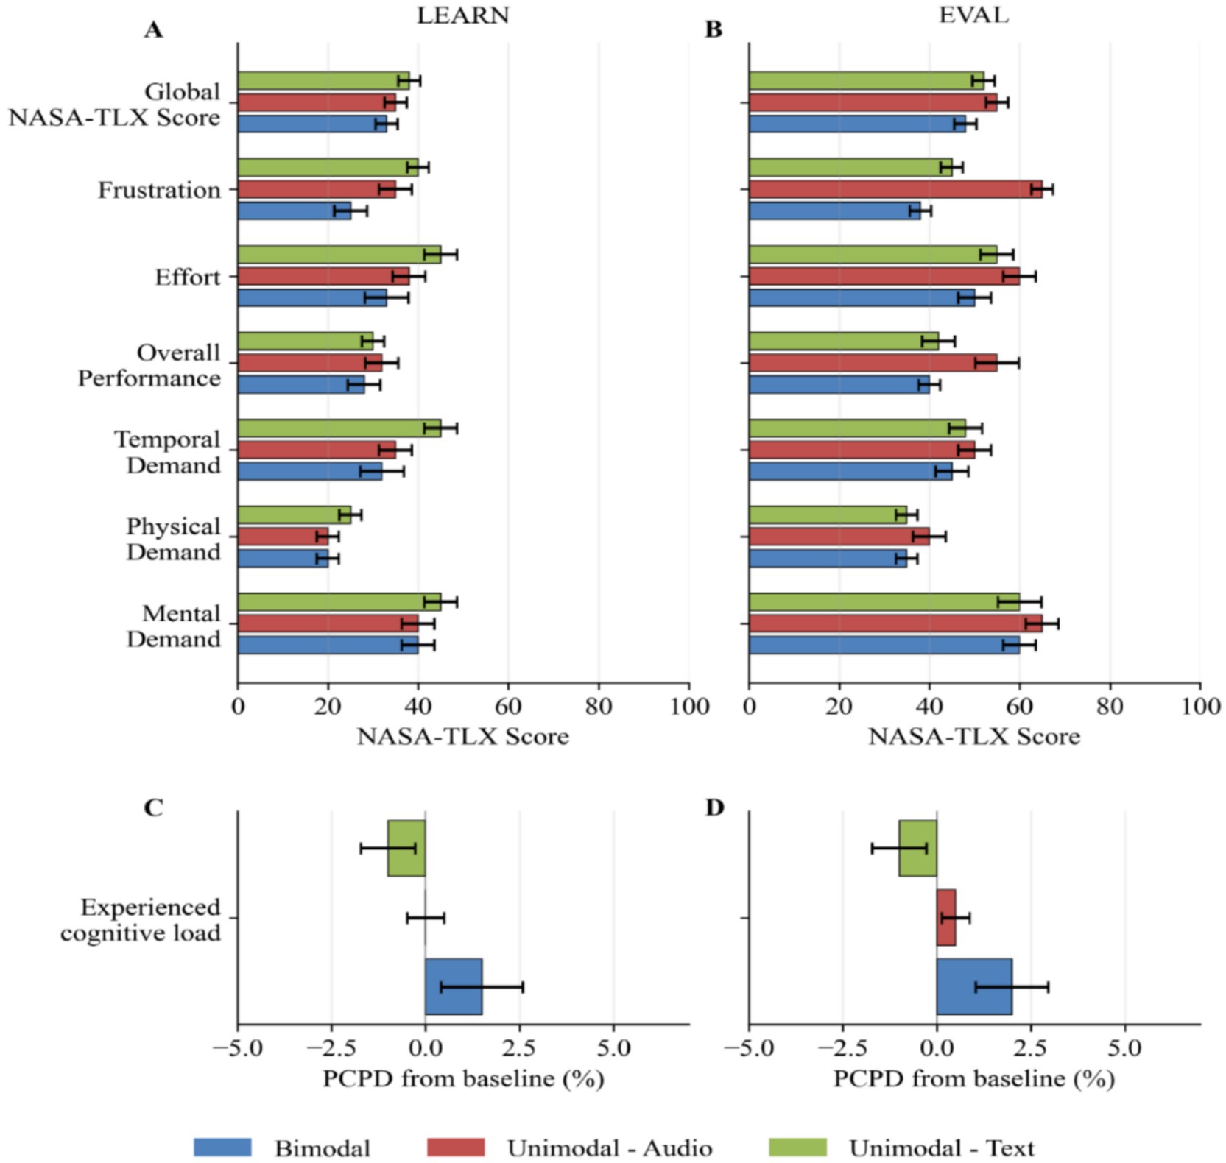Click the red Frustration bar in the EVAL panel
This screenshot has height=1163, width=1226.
click(x=895, y=189)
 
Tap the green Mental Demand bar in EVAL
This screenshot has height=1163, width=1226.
click(x=884, y=602)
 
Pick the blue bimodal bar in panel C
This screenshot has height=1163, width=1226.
click(x=453, y=986)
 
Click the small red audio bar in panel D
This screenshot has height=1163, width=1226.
click(x=945, y=917)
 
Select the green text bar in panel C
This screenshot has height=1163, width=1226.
click(x=406, y=848)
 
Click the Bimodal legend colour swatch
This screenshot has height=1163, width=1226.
click(x=222, y=1147)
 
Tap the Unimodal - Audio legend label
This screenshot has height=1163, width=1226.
click(x=609, y=1148)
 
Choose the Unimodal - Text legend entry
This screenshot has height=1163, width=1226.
click(x=941, y=1148)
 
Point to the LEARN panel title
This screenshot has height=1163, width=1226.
click(x=462, y=15)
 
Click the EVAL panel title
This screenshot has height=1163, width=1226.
click(x=973, y=15)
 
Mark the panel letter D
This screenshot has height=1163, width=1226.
click(x=714, y=807)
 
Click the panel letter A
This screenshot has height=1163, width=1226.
click(x=153, y=30)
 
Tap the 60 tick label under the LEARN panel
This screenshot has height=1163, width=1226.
click(x=508, y=707)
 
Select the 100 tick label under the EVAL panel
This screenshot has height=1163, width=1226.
click(x=1200, y=707)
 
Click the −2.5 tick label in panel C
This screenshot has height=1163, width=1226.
click(x=331, y=1047)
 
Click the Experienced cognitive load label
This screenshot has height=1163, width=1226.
click(x=141, y=919)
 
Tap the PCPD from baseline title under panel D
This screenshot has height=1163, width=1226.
click(x=973, y=1079)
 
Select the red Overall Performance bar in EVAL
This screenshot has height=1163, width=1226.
click(x=873, y=363)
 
